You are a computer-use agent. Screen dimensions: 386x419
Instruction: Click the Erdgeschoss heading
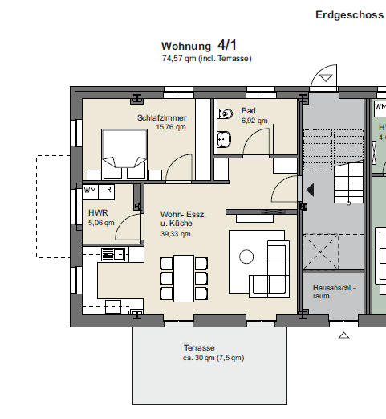click(x=349, y=15)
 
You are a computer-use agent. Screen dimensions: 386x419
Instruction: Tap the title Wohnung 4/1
click(x=199, y=45)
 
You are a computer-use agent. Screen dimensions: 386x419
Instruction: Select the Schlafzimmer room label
click(x=162, y=117)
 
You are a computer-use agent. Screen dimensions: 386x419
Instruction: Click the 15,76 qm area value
click(x=171, y=127)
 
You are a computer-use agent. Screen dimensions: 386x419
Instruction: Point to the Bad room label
click(x=249, y=110)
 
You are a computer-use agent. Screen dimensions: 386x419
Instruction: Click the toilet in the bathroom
click(x=225, y=113)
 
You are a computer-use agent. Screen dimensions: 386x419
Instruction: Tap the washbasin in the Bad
click(x=224, y=139)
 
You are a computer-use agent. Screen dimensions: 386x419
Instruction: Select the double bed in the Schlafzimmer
click(x=124, y=154)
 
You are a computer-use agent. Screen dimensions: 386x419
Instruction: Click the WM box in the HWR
click(x=91, y=191)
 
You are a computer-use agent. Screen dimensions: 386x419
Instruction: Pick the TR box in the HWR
click(x=107, y=191)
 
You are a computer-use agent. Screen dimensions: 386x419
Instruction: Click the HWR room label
click(x=98, y=213)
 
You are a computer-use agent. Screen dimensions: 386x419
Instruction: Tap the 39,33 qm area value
click(x=176, y=234)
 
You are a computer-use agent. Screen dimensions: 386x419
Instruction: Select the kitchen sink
click(x=113, y=254)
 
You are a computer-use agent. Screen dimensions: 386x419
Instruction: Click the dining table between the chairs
click(x=184, y=278)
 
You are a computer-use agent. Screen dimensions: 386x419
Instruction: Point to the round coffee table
click(x=246, y=257)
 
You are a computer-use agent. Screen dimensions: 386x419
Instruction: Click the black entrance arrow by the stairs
click(x=310, y=190)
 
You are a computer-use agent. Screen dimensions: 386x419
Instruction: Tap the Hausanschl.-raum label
click(x=334, y=292)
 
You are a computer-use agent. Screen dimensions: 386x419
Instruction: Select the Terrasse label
click(x=199, y=348)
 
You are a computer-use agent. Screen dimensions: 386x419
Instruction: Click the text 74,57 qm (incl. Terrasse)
click(x=207, y=59)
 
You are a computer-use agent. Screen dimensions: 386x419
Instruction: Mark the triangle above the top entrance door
click(x=326, y=78)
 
